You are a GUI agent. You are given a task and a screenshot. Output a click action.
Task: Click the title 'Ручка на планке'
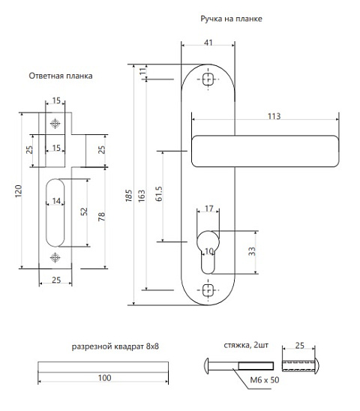231,19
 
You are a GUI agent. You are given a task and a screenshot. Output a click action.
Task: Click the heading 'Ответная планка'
61,76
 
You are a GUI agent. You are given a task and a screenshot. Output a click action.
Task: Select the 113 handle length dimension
274,116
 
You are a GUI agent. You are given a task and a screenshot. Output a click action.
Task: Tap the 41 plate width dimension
208,43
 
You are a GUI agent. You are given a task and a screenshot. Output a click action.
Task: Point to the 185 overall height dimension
129,196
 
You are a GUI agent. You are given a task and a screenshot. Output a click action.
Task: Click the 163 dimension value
141,196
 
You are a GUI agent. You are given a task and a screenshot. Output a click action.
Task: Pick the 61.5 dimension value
159,194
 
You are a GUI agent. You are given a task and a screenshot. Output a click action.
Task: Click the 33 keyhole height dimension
252,251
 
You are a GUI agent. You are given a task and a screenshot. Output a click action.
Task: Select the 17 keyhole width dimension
209,208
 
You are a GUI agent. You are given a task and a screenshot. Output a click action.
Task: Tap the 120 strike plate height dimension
18,191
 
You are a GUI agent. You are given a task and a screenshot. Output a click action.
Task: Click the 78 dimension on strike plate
101,217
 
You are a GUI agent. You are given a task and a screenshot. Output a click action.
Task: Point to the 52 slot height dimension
84,211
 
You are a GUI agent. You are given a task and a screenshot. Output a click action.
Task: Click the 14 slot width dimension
56,201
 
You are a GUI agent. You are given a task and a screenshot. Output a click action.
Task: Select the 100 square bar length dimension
104,378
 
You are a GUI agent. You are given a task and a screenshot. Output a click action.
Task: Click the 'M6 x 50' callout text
265,380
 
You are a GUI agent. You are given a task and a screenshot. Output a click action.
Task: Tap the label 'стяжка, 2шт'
246,345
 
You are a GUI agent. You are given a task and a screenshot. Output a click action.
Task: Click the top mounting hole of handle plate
208,79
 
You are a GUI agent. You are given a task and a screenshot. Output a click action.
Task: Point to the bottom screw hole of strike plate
55,258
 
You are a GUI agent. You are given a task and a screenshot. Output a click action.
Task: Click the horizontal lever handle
265,151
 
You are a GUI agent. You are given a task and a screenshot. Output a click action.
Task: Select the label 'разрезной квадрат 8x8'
115,346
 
